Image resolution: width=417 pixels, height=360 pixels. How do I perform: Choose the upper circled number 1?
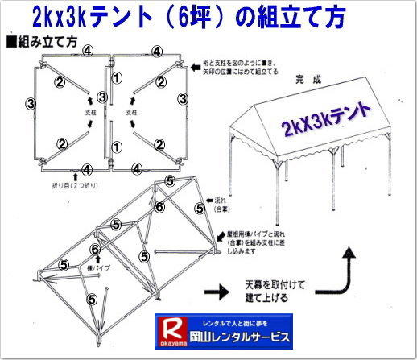point(117,78)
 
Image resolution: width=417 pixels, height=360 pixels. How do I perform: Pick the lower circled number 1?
point(117,147)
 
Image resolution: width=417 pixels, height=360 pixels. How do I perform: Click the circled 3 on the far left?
point(31,103)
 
